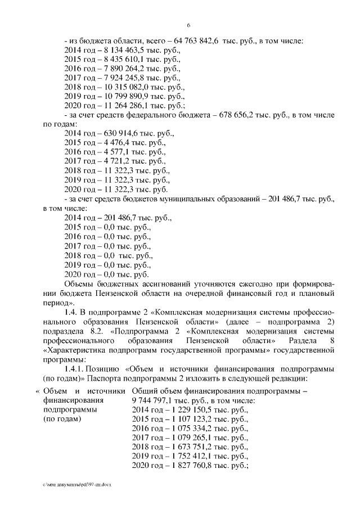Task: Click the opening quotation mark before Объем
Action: coord(38,390)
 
